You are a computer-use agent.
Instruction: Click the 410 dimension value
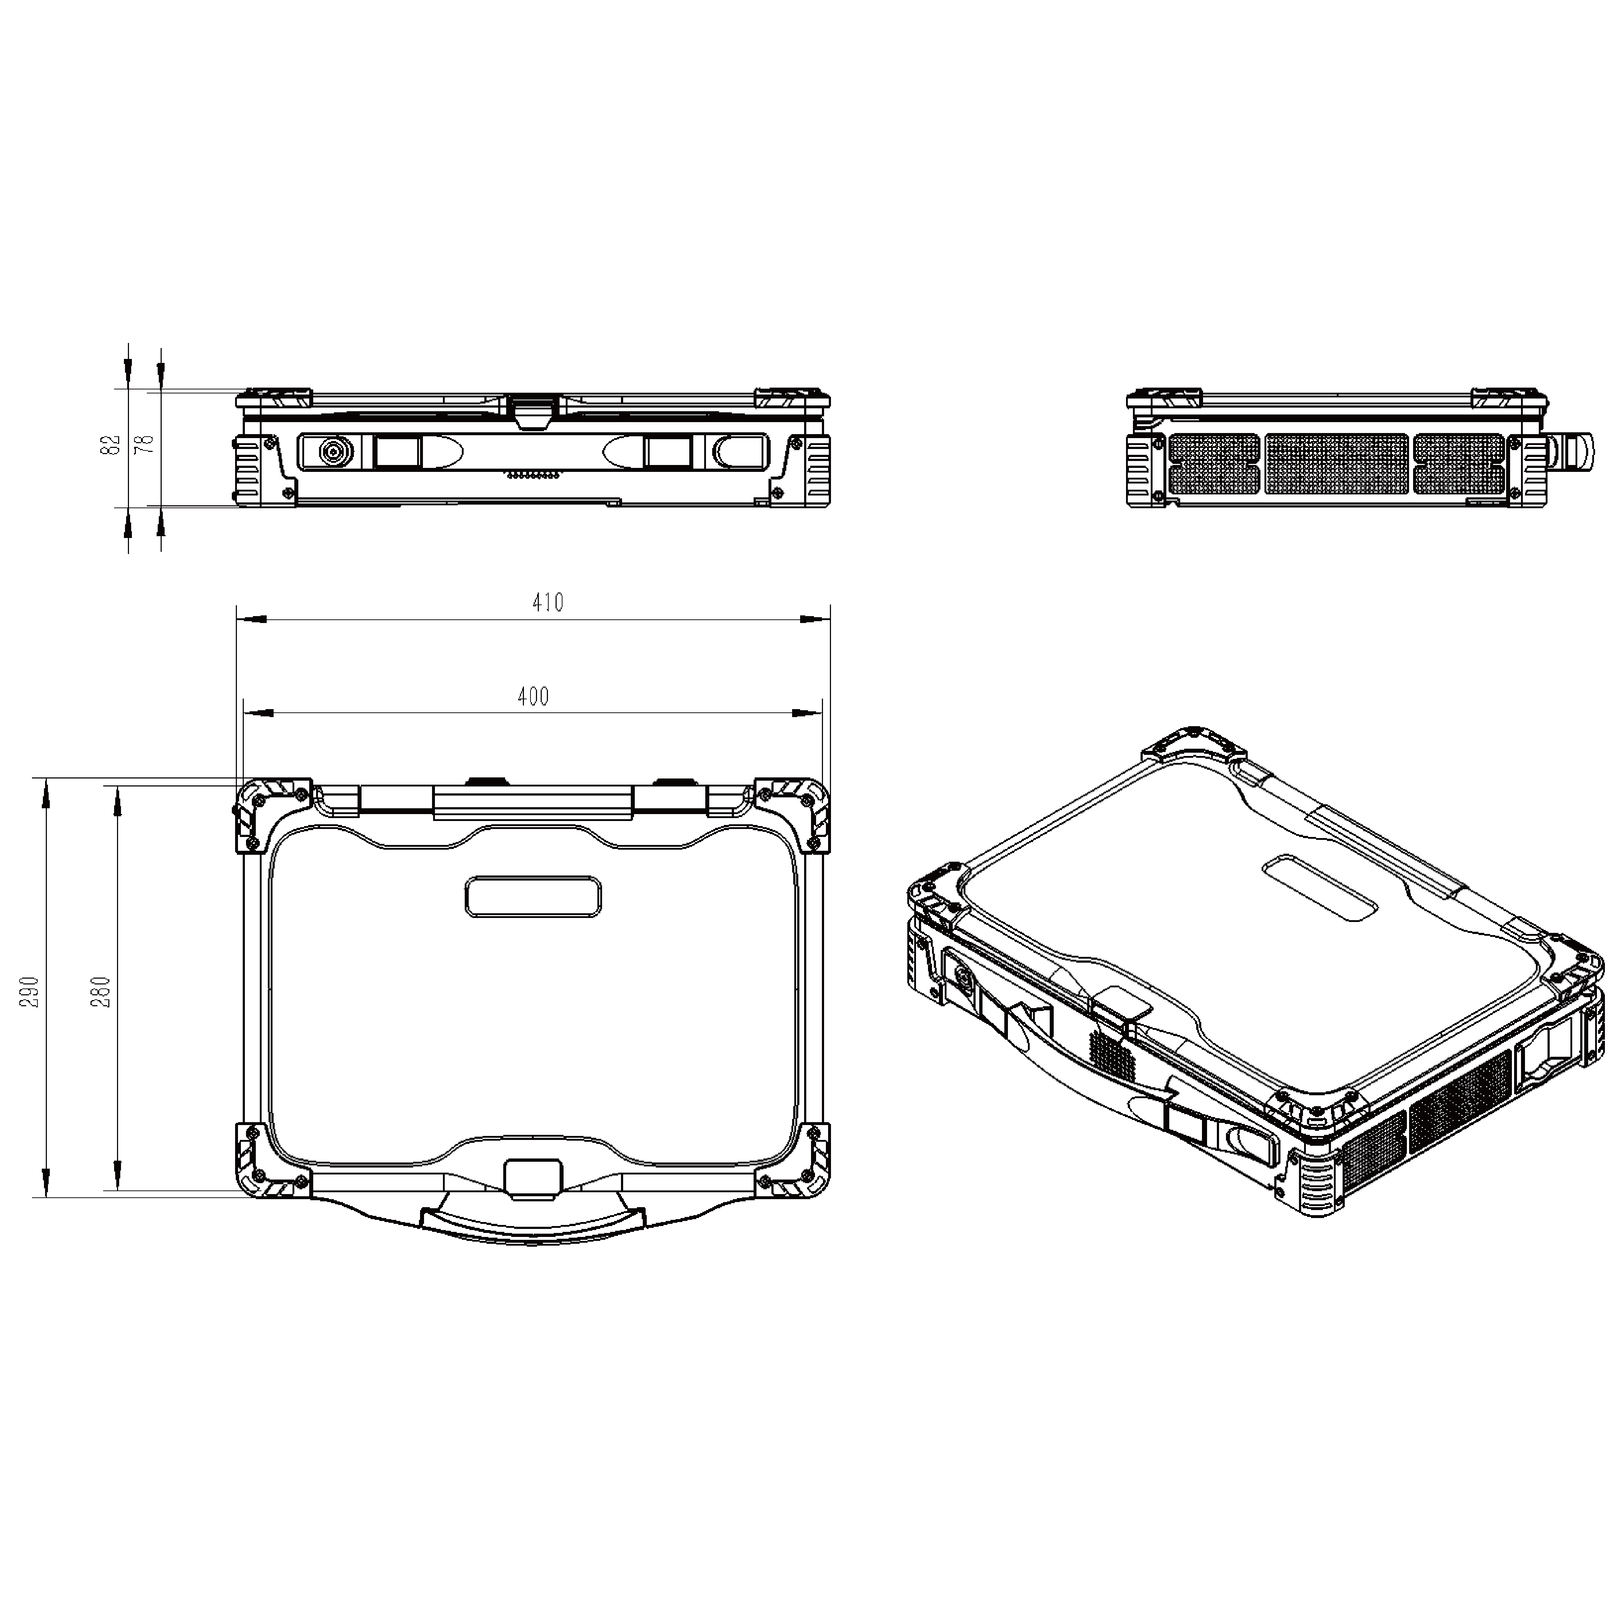click(547, 602)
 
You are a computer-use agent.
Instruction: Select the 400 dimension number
click(533, 696)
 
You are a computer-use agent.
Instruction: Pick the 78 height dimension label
click(146, 444)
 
